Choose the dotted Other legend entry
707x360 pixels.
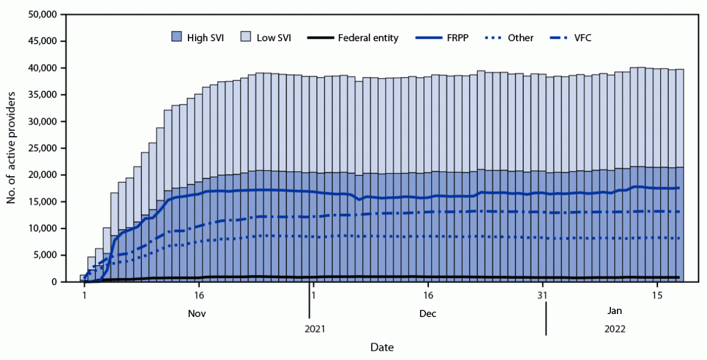521,38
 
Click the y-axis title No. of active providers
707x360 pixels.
11,148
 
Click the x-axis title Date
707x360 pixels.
381,347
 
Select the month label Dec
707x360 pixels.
427,313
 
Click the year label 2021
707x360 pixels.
316,328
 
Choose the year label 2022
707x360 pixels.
616,328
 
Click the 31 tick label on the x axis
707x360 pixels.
542,295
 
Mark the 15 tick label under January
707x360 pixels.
657,295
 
